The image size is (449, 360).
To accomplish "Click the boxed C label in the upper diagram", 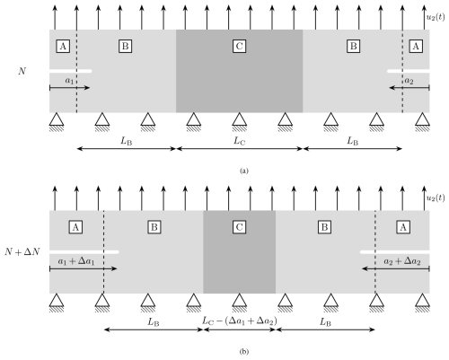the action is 239,47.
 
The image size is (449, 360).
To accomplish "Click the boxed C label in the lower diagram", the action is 239,227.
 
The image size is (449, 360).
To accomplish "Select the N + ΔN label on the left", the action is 22,252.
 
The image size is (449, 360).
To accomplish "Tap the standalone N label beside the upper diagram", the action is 22,71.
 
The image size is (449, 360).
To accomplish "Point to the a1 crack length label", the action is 69,81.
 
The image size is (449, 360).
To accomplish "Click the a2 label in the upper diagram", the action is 409,81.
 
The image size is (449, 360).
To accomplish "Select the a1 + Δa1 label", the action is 76,261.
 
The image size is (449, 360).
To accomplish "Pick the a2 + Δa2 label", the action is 402,261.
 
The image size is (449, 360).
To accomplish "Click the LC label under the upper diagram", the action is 239,141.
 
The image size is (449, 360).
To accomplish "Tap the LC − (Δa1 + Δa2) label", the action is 239,321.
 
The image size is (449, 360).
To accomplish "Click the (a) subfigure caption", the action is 244,171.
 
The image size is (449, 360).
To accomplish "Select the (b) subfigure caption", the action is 244,352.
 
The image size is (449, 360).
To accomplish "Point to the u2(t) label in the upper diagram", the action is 436,17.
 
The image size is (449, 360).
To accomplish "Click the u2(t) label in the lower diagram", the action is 436,198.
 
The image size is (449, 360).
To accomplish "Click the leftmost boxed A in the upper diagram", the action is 63,47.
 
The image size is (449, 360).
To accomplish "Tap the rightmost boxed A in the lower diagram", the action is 403,227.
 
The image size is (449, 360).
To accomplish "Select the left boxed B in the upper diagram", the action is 125,47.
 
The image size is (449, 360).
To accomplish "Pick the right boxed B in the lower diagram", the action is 324,227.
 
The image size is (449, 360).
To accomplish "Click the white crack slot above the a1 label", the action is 71,71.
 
